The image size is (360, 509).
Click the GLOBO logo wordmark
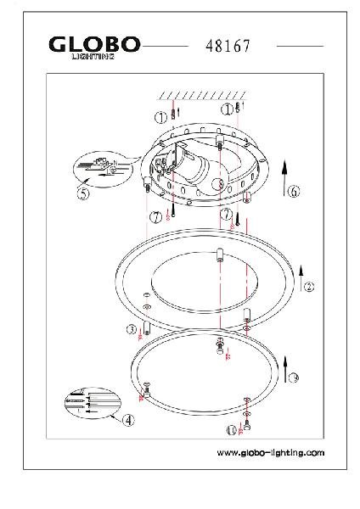94,44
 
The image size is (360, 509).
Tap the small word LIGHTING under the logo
93,57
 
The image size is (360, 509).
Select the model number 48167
228,46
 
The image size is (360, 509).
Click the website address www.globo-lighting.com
271,452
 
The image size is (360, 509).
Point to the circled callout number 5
83,193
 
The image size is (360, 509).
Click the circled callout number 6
295,191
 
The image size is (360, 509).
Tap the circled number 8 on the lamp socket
218,184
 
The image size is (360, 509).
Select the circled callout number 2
309,287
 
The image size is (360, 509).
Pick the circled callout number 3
132,330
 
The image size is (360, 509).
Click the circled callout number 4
128,421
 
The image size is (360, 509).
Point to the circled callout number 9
294,378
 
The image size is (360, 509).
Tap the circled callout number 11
232,430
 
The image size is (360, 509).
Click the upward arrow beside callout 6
284,178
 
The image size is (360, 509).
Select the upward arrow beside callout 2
301,278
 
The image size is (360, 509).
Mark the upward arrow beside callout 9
285,370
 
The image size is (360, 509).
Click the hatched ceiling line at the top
201,95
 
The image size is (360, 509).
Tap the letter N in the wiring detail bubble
115,163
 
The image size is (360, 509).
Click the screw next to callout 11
247,425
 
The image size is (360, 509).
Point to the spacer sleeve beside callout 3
147,328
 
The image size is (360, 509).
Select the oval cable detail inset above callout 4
93,403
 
